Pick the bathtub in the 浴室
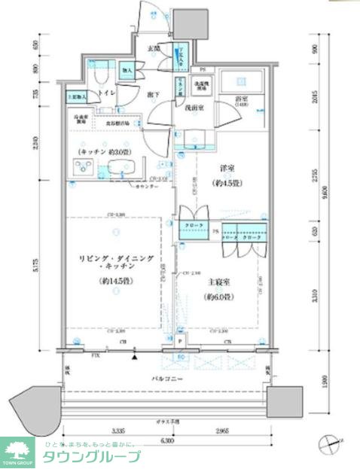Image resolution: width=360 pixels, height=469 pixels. tap(242, 82)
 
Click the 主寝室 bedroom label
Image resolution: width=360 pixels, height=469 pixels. tap(220, 283)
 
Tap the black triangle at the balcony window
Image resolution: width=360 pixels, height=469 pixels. tap(134, 357)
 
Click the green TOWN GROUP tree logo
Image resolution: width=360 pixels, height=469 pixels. tap(18, 453)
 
